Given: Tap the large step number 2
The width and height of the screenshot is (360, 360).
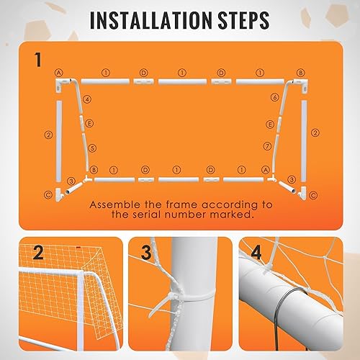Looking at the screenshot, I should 37,253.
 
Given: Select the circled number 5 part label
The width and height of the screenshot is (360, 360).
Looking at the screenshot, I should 91,148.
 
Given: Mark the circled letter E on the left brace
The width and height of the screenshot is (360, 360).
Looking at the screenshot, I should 89,124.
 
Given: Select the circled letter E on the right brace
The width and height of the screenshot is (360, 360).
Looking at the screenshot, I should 271,124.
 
